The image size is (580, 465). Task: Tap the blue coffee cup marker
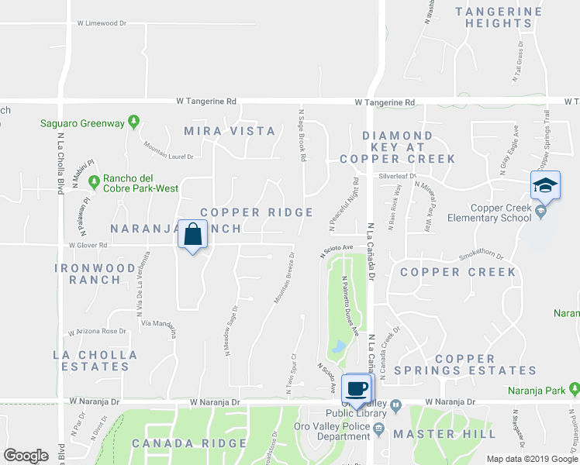pos(357,388)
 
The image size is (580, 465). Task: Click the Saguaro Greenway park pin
pos(133,122)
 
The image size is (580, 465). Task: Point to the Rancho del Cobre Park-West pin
pos(94,182)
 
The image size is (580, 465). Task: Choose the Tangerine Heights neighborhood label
pos(499,17)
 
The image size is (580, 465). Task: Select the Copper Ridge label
pos(257,212)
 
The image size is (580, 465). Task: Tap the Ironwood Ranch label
pos(95,274)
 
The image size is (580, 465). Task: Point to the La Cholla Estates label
pos(95,360)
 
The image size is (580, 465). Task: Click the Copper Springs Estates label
pos(465,364)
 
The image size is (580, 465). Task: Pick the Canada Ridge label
pos(189,444)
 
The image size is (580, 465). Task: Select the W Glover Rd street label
pos(88,245)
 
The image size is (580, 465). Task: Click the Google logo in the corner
pos(26,456)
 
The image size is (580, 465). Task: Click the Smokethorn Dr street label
pos(481,255)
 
